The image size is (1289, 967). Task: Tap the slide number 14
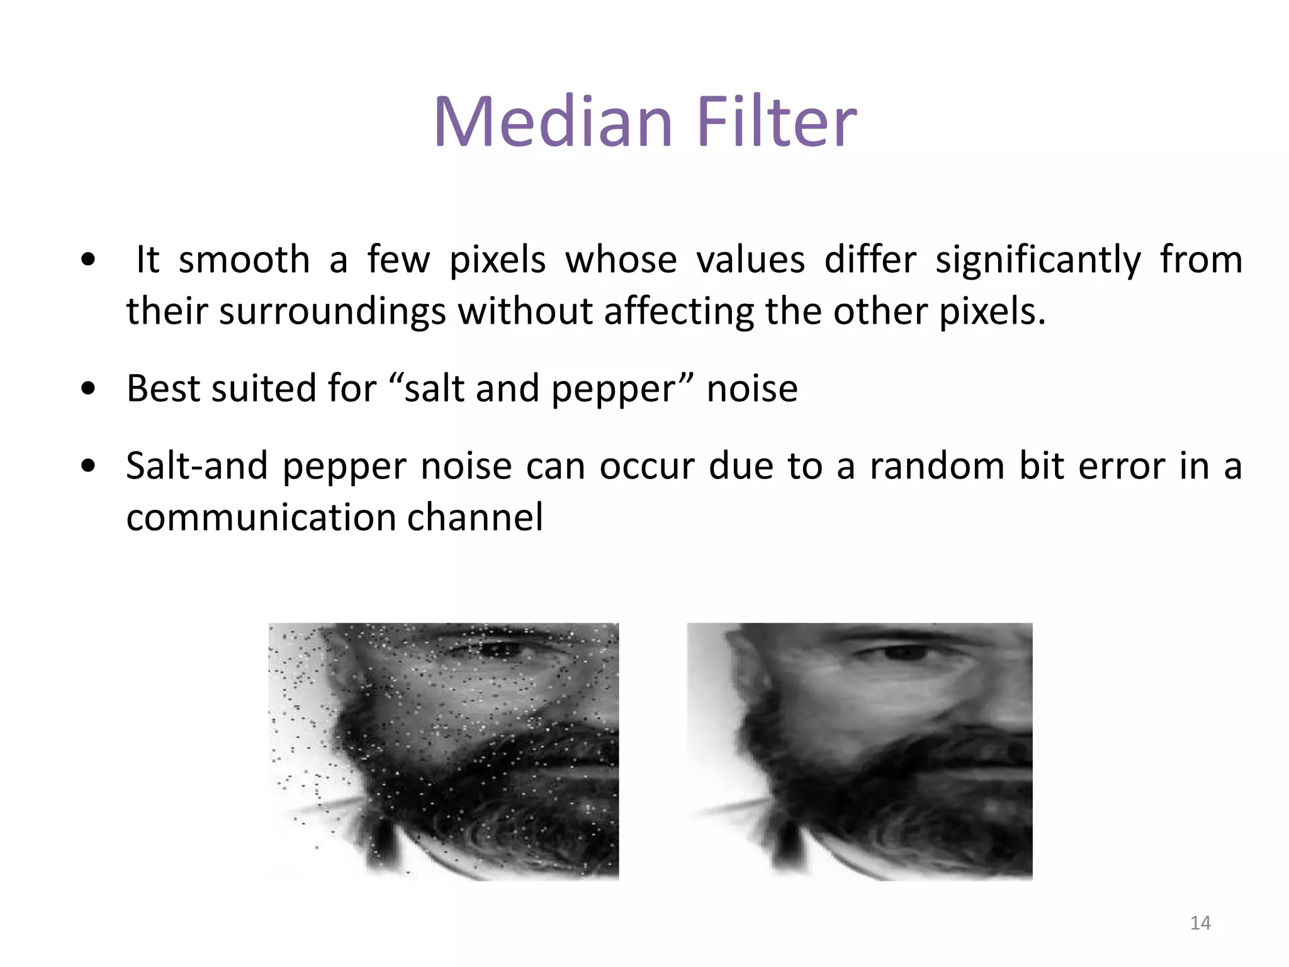pos(1200,923)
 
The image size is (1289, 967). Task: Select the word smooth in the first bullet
pos(244,259)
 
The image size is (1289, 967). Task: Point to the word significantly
pos(1038,261)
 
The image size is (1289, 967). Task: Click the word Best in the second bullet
pos(163,388)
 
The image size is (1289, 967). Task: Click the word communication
pos(261,517)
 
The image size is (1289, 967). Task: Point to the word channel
pos(475,517)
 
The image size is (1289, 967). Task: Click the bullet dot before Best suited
pos(88,389)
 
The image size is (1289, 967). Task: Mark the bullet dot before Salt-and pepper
pos(88,467)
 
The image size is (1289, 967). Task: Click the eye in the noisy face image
pos(500,650)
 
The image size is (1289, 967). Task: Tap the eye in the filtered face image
pos(901,652)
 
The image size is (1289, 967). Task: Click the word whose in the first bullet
pos(621,259)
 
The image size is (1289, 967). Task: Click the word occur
pos(646,466)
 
